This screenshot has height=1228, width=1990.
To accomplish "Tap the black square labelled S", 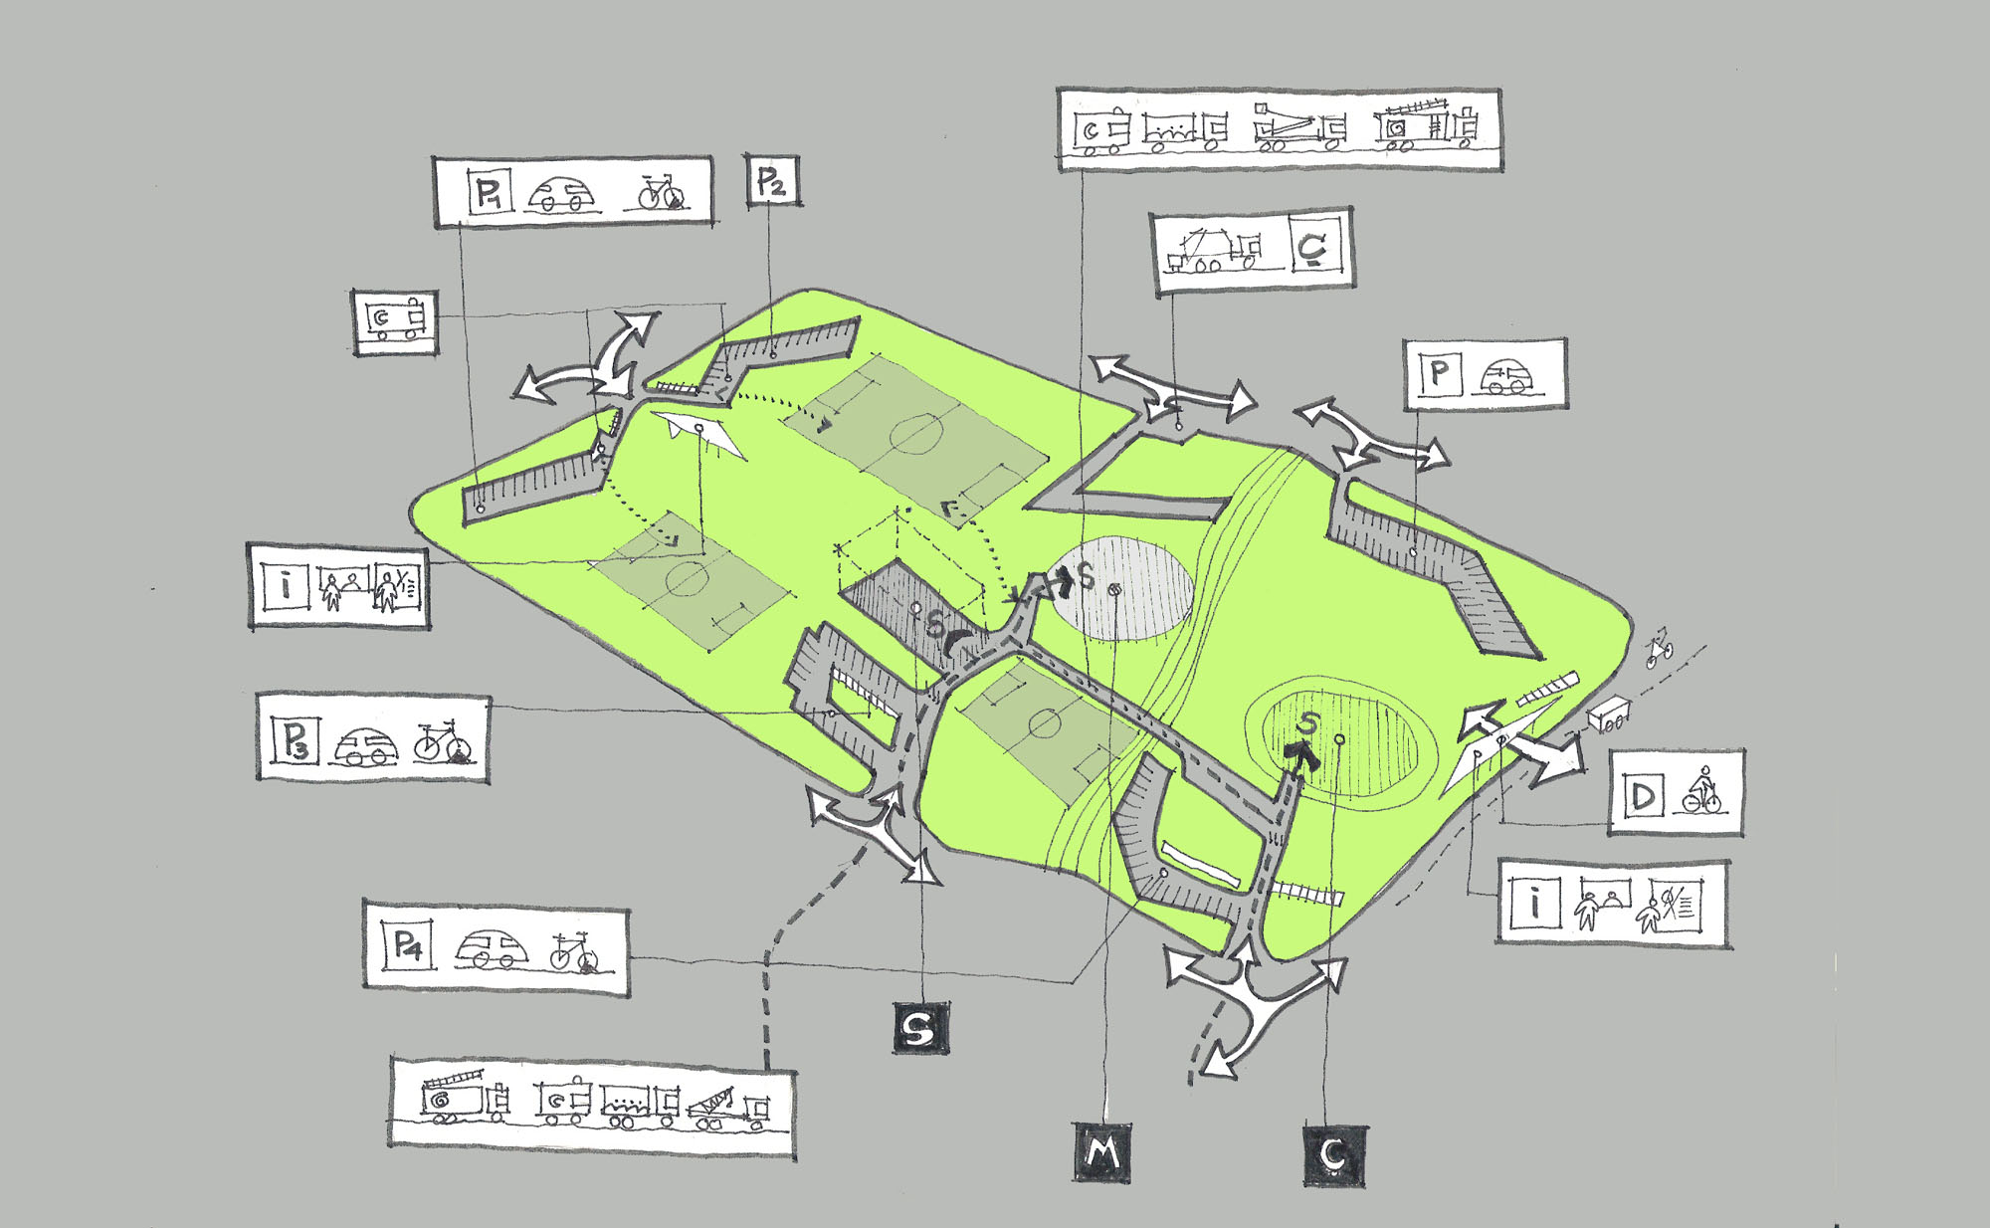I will (920, 1028).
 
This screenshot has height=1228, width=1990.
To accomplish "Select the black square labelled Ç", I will (1334, 1155).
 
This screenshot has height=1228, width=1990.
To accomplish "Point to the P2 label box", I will (773, 182).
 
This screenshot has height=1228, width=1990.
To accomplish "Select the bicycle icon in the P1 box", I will (660, 193).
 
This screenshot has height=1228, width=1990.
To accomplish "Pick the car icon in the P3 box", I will (365, 745).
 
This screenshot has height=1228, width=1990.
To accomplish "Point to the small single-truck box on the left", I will (395, 320).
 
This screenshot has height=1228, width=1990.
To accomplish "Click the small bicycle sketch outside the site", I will (1659, 648).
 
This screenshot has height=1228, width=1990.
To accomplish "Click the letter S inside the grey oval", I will (1086, 576).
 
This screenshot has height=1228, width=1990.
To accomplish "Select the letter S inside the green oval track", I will (1307, 724).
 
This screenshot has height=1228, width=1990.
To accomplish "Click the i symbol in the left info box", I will (287, 585).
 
